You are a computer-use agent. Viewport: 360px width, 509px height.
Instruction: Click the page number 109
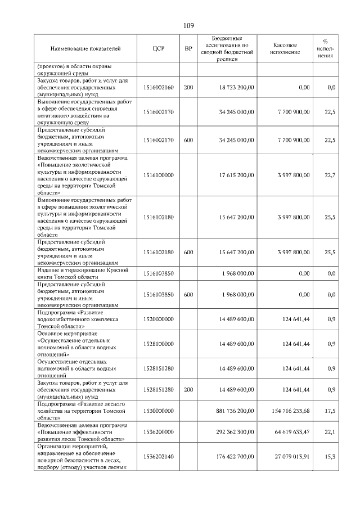pyautogui.click(x=188, y=25)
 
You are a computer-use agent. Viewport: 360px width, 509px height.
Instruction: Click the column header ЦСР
pyautogui.click(x=158, y=49)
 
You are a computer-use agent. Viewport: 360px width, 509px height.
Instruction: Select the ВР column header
pyautogui.click(x=188, y=49)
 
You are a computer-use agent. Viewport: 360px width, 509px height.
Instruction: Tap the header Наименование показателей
pyautogui.click(x=85, y=49)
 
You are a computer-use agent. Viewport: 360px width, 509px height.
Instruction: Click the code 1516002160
pyautogui.click(x=158, y=88)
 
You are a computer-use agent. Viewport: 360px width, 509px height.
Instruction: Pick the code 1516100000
pyautogui.click(x=158, y=175)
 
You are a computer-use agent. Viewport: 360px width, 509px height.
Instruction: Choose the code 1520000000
pyautogui.click(x=158, y=319)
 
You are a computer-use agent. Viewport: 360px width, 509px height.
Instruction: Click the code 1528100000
pyautogui.click(x=158, y=344)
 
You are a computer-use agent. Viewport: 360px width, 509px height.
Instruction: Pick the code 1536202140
pyautogui.click(x=158, y=456)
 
